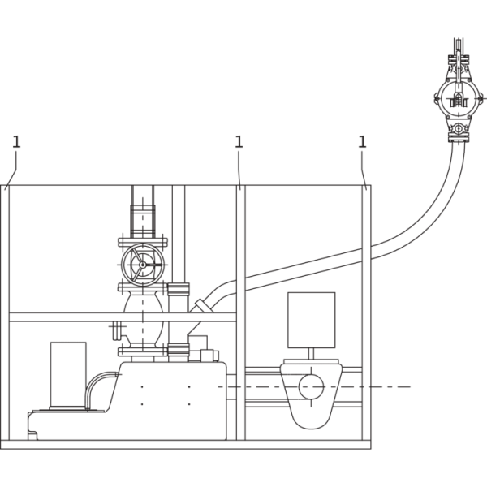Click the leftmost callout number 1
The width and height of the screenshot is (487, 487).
point(16,142)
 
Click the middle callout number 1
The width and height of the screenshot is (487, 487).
point(239,142)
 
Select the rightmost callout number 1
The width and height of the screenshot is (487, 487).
point(362,142)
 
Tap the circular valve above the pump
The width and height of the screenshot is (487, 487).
point(143,261)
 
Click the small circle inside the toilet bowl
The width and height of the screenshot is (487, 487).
point(311,387)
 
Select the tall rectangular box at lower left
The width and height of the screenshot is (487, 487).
point(68,373)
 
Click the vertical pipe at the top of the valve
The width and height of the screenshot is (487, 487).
point(143,207)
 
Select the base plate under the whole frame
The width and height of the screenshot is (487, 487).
point(186,443)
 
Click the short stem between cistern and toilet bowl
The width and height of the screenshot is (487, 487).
point(312,354)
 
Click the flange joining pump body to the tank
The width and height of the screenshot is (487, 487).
point(144,351)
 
